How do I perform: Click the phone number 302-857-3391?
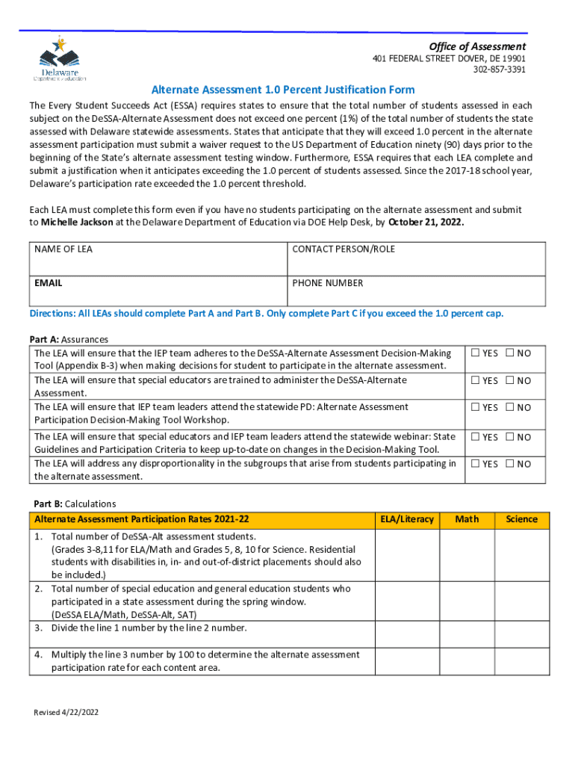coord(499,69)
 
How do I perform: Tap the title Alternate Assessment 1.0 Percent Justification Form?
coord(282,90)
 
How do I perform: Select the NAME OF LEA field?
coord(158,258)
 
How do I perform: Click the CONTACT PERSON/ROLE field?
coord(416,258)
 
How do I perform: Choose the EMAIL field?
coord(158,292)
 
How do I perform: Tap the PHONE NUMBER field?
coord(416,292)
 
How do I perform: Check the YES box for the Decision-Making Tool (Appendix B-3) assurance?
coord(475,353)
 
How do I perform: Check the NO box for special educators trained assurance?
coord(510,381)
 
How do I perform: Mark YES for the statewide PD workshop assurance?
coord(475,408)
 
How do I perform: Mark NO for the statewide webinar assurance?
coord(510,437)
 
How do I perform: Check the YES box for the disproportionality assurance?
coord(475,464)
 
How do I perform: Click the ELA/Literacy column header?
coord(407,519)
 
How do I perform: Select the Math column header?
coord(467,519)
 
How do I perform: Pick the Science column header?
coord(521,519)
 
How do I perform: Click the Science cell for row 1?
coord(521,555)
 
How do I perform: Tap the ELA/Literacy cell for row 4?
coord(407,660)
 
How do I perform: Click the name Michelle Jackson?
coord(73,223)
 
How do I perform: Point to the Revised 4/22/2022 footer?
coord(66,712)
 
